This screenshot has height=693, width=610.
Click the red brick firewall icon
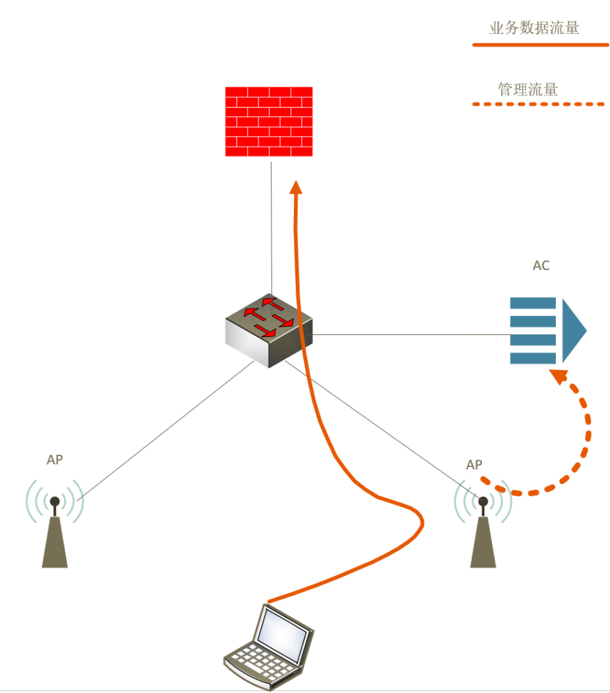[x=269, y=122]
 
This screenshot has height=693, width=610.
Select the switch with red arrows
[x=269, y=330]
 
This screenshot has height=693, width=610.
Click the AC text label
[x=541, y=266]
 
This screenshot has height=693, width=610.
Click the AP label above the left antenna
[x=55, y=460]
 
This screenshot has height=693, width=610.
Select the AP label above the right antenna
[x=475, y=465]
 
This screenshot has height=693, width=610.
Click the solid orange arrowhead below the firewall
[x=295, y=187]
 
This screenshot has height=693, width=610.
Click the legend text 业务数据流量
[x=534, y=28]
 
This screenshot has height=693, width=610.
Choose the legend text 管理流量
[x=528, y=89]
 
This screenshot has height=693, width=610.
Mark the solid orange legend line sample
[x=540, y=45]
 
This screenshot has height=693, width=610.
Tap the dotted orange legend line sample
[x=538, y=105]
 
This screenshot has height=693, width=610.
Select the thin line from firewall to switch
[x=271, y=223]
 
